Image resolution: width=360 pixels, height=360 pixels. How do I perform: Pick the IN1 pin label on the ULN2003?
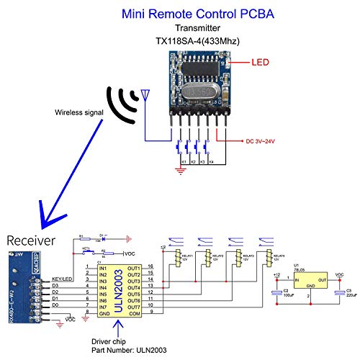102,267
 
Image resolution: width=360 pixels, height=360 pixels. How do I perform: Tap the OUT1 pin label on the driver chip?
132,267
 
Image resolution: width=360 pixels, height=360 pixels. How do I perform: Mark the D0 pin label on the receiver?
55,306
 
